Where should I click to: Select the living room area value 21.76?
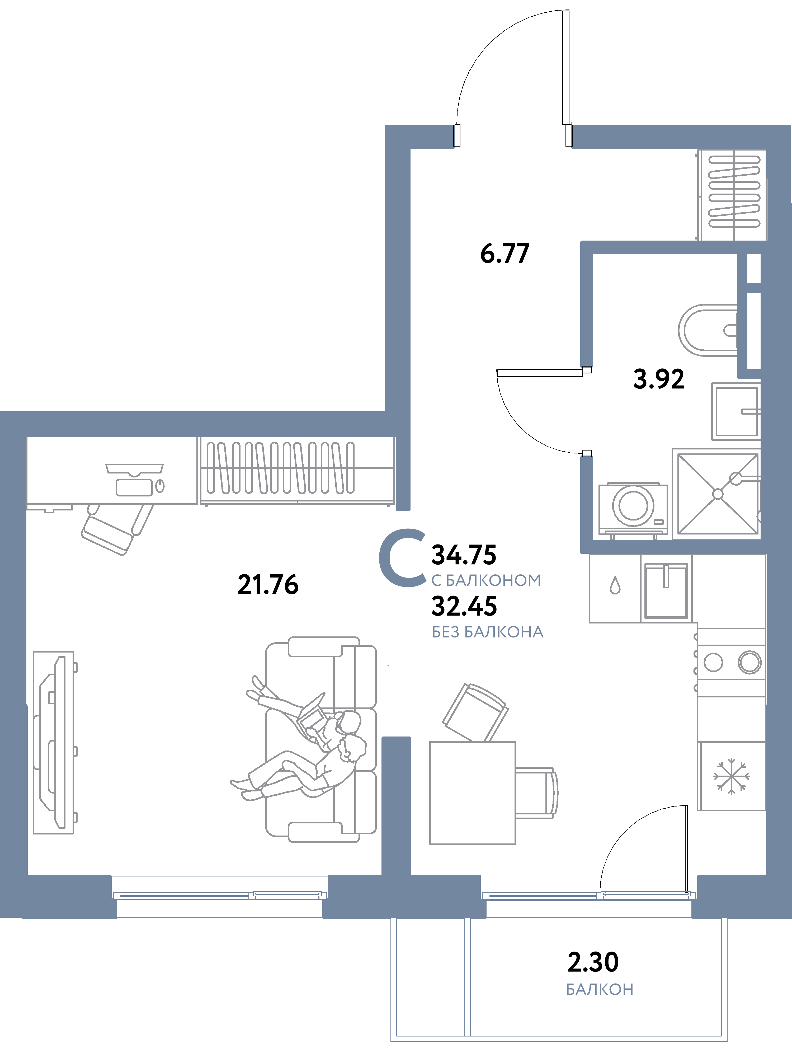[x=268, y=585]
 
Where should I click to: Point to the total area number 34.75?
[x=464, y=555]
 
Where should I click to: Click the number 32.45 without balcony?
[x=464, y=606]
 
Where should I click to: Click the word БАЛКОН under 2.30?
[x=599, y=989]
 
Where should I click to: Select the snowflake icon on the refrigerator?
[x=731, y=776]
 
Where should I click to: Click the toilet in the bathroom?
[x=708, y=330]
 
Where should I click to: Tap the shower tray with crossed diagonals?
[x=717, y=494]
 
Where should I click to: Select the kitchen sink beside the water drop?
[x=666, y=591]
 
